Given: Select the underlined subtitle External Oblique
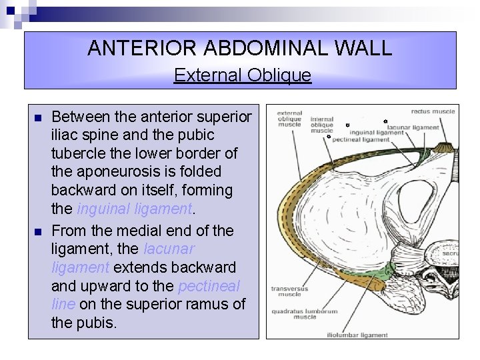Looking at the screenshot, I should [x=242, y=75].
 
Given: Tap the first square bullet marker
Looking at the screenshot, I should [x=38, y=118].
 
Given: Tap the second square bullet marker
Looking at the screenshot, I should [x=38, y=231].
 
